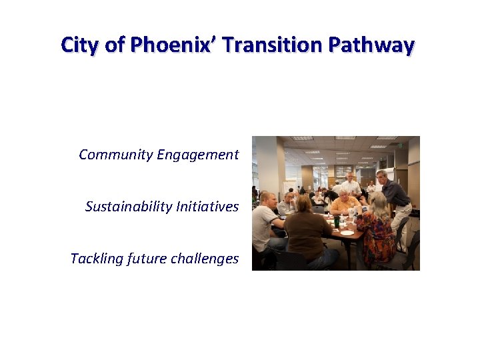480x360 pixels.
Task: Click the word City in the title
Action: [78, 45]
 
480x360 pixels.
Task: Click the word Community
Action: [116, 155]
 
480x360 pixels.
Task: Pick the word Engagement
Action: [198, 155]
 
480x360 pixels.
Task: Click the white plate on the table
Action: [347, 233]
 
